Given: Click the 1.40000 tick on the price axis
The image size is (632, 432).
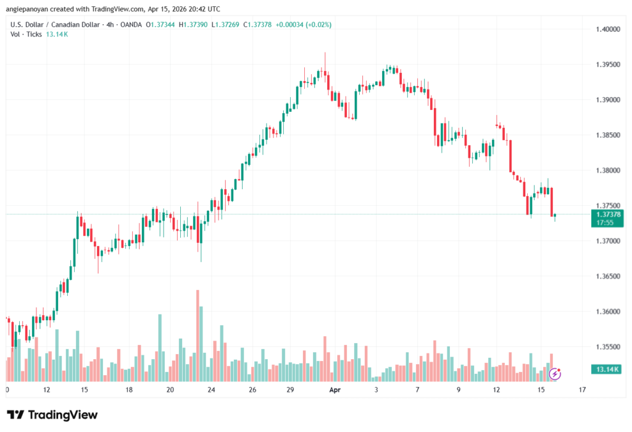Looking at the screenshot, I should point(607,29).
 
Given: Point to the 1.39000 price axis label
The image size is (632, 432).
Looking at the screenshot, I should point(607,100).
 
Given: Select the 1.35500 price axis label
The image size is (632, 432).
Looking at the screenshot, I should point(607,347).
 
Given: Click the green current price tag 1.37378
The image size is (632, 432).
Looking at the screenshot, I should point(607,214).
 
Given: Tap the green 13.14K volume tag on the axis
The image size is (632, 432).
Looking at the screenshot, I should point(607,370).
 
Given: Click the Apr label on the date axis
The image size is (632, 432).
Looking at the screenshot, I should point(335,391).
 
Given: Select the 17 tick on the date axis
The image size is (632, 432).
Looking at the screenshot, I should point(582,391).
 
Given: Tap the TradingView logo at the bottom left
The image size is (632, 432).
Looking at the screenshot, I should point(52,415).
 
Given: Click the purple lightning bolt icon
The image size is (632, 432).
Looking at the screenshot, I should point(555,373).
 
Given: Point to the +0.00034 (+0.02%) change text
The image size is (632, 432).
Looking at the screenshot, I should point(304,25).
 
